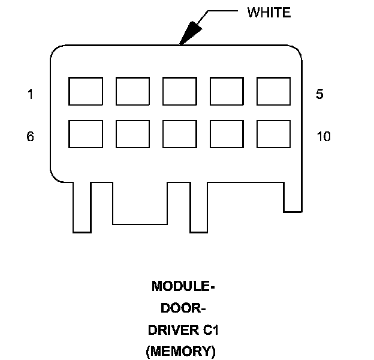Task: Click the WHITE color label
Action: tap(269, 13)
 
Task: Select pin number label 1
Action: tap(30, 94)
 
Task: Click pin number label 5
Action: tap(320, 94)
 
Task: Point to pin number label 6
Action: tap(30, 136)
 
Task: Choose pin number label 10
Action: tap(323, 136)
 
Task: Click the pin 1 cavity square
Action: tap(86, 91)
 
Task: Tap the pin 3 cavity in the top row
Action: tap(179, 91)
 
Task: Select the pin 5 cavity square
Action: tap(273, 91)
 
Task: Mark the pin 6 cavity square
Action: tap(86, 134)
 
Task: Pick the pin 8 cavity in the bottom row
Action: tap(179, 134)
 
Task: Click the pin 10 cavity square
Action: tap(273, 134)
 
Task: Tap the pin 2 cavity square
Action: tap(132, 91)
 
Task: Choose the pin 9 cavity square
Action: tap(227, 134)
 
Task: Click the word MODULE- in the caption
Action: tap(183, 287)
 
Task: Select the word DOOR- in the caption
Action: tap(183, 308)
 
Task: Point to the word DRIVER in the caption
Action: tap(170, 330)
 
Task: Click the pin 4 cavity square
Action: tap(227, 91)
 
